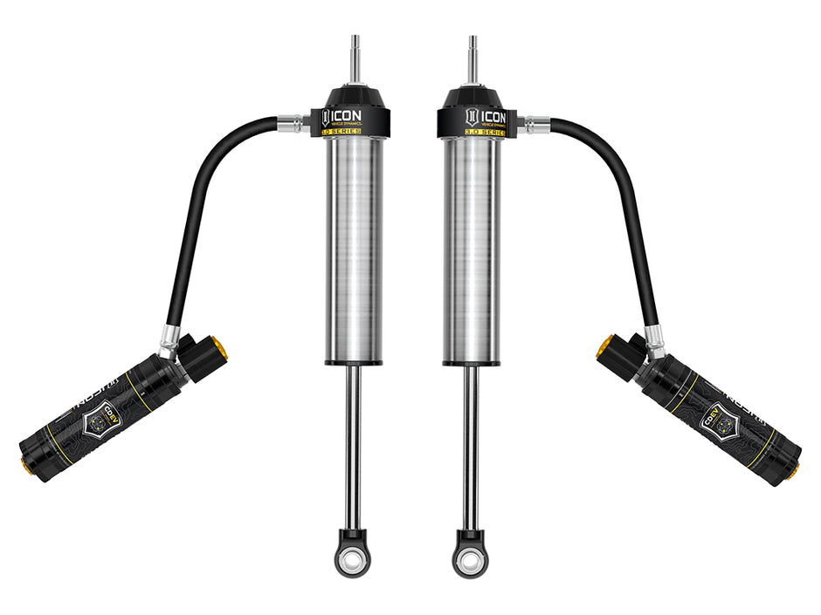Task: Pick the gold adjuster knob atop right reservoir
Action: tap(603, 347)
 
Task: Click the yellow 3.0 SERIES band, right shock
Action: tap(472, 133)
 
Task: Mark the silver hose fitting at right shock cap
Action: tap(533, 124)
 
